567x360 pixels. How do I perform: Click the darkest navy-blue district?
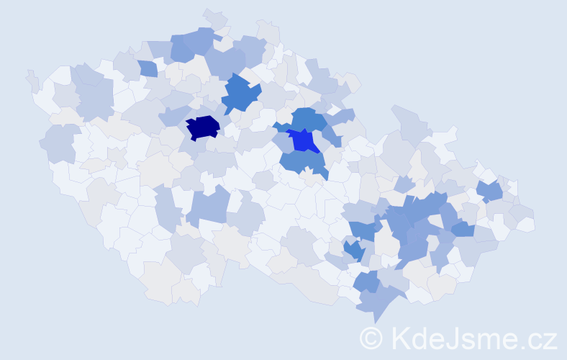203,127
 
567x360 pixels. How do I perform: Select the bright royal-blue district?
305,140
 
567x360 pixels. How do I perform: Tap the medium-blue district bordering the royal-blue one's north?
308,119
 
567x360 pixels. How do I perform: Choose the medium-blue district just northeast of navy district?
241,94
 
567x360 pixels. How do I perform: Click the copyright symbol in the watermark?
371,338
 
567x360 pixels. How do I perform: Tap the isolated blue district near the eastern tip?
490,191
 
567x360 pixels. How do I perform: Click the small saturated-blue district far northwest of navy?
148,68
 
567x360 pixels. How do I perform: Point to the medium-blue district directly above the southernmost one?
366,282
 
